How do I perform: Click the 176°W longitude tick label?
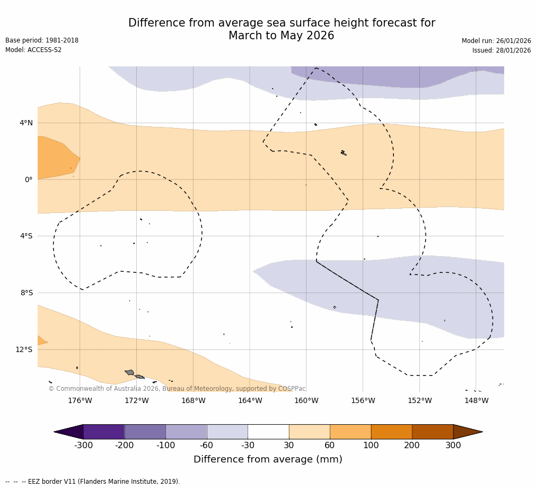pos(80,400)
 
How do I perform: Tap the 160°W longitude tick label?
pos(306,400)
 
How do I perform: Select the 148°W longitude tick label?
pos(476,400)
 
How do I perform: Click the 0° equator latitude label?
pos(29,180)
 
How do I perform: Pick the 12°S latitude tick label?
pos(24,349)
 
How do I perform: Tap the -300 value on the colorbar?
pos(83,446)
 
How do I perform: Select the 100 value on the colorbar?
pos(371,446)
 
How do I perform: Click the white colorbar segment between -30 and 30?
pos(268,432)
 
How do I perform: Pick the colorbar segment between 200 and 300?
pos(433,432)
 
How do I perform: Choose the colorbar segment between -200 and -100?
pos(145,432)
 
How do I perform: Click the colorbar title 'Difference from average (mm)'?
pos(268,459)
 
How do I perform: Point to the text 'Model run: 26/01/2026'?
pos(496,41)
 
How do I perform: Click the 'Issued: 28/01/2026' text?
pos(501,50)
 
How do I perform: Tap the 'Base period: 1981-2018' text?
pos(42,40)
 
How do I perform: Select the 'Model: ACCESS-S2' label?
pos(33,50)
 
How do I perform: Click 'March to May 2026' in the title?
pos(281,36)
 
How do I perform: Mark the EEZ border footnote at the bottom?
pos(93,482)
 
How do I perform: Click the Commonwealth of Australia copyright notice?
pos(177,389)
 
